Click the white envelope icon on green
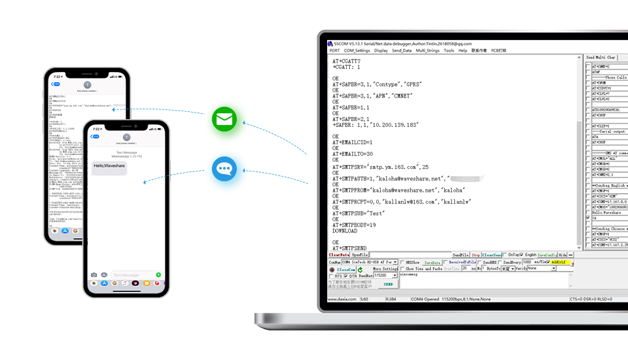[224, 119]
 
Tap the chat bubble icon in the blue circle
[224, 169]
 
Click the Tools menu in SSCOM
[449, 50]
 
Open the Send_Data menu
[402, 50]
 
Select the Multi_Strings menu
[427, 50]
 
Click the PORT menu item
[334, 50]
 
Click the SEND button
[388, 284]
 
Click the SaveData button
[432, 262]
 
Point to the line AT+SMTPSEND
[349, 249]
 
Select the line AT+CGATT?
[346, 61]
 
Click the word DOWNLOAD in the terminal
[345, 231]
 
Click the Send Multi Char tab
[601, 58]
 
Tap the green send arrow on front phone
[158, 274]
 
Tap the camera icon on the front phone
[94, 274]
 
